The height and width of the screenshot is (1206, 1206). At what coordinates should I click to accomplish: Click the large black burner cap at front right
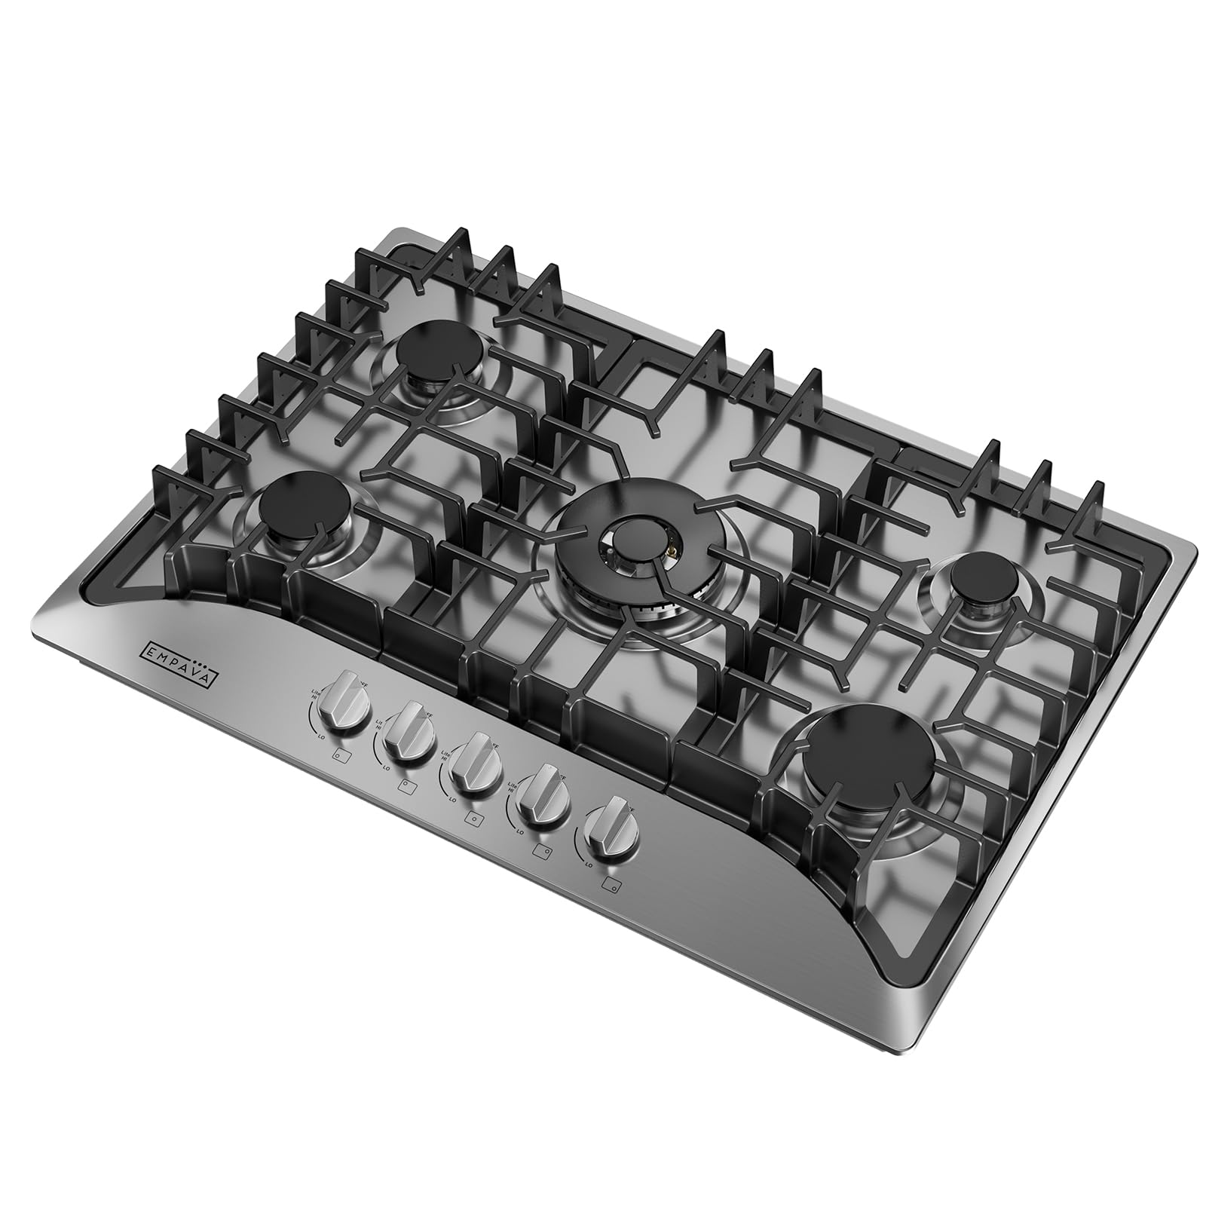(x=869, y=763)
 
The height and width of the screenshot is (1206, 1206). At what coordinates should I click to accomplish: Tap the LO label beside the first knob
(x=322, y=734)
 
